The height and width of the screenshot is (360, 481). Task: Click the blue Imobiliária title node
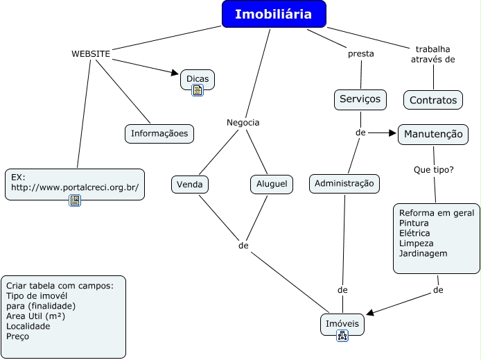[274, 14]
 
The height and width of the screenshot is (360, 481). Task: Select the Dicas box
[198, 78]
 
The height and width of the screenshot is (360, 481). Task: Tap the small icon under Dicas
[198, 90]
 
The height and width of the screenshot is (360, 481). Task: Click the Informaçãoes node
[159, 133]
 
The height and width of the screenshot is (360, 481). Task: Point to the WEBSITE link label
[91, 53]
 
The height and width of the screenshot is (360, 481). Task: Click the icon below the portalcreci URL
[75, 200]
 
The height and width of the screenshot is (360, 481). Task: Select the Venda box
[190, 185]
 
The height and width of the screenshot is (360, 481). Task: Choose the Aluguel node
[271, 185]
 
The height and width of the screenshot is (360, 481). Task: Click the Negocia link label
[243, 122]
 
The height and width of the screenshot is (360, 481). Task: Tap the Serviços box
[360, 99]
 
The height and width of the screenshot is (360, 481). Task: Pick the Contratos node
[433, 100]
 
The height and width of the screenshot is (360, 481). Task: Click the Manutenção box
[432, 134]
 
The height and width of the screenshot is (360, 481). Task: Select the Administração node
[344, 183]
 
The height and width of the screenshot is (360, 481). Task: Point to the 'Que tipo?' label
[433, 169]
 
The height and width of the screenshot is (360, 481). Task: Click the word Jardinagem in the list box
[423, 253]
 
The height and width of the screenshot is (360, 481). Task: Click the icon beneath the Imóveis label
[342, 336]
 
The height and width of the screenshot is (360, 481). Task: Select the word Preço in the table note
[18, 336]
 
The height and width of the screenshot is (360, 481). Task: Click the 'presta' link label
[360, 53]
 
